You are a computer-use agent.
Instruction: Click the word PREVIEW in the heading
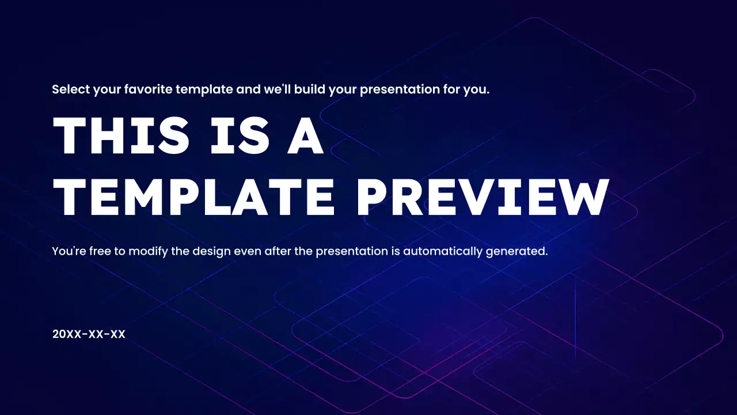pos(483,197)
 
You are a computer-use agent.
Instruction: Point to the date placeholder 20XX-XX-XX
pos(89,334)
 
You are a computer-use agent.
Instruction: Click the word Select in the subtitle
pos(71,90)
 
